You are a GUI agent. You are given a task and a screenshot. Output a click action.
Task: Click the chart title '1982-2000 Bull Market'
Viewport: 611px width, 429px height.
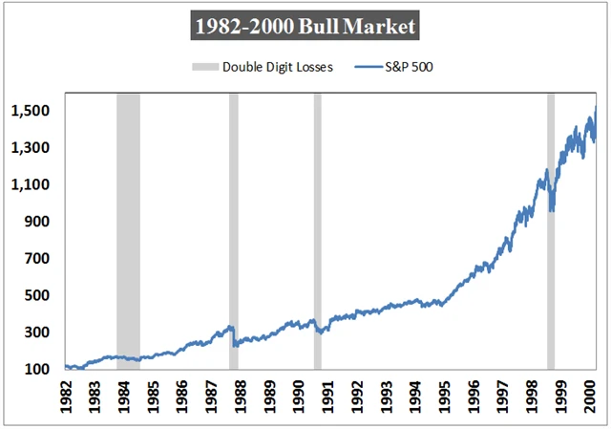(x=305, y=26)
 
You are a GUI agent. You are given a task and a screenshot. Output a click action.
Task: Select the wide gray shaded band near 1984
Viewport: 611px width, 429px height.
(x=128, y=229)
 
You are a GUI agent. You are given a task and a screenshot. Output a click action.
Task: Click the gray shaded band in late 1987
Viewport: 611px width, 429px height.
(x=234, y=229)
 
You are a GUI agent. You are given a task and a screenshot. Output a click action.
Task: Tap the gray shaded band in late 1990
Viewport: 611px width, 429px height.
(x=318, y=229)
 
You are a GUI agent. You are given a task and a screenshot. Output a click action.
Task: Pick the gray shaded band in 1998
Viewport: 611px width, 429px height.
(x=551, y=229)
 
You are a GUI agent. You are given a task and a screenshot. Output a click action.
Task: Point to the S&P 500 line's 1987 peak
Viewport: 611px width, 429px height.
(x=230, y=327)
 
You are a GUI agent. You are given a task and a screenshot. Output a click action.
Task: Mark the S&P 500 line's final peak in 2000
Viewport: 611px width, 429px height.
(x=596, y=107)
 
